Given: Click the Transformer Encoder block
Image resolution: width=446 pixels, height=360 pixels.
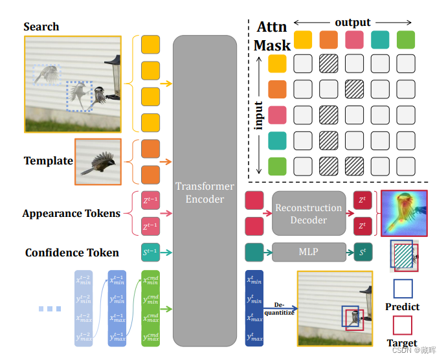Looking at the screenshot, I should [x=205, y=191].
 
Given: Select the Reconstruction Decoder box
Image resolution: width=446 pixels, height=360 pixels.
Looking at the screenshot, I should [x=309, y=214].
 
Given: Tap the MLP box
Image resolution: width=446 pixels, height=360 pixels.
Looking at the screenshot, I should [x=309, y=251].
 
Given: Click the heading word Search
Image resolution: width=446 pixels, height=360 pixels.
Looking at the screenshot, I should [x=41, y=27].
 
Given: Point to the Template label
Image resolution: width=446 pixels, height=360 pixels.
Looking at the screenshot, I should [x=48, y=161].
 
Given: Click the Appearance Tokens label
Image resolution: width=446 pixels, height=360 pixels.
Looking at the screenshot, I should [x=71, y=213].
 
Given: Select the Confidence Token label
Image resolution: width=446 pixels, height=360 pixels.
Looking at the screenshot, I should [x=72, y=253].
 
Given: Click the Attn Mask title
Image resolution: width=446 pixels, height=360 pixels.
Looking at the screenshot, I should [x=272, y=36].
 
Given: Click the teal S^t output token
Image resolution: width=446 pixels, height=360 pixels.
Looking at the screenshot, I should [x=362, y=251].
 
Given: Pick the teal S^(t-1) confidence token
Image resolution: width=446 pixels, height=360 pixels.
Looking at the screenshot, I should [x=150, y=252].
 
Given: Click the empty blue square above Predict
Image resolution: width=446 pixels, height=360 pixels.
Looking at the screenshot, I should [x=403, y=289].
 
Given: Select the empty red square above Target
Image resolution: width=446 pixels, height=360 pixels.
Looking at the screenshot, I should [x=403, y=325].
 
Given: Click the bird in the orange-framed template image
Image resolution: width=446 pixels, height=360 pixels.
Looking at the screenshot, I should [x=98, y=162].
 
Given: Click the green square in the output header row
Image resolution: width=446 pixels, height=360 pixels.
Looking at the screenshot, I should [x=406, y=39].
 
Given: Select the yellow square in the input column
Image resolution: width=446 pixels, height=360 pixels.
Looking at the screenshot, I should [x=277, y=63].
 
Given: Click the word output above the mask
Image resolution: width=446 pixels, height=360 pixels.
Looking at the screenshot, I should [x=353, y=23].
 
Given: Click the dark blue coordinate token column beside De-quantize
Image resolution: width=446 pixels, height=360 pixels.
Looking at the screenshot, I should [x=254, y=308].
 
